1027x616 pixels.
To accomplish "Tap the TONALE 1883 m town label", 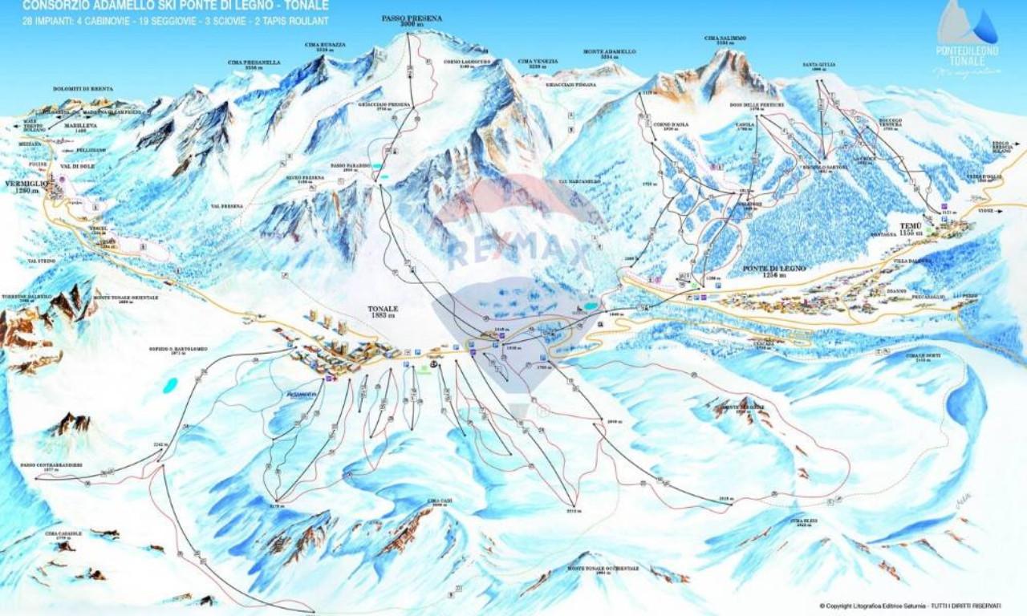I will point(383,312).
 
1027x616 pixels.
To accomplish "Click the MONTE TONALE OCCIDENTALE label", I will point(603,568).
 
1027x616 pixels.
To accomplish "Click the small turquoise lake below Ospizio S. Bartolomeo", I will point(170,386).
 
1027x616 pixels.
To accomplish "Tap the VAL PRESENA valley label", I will point(227,206).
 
